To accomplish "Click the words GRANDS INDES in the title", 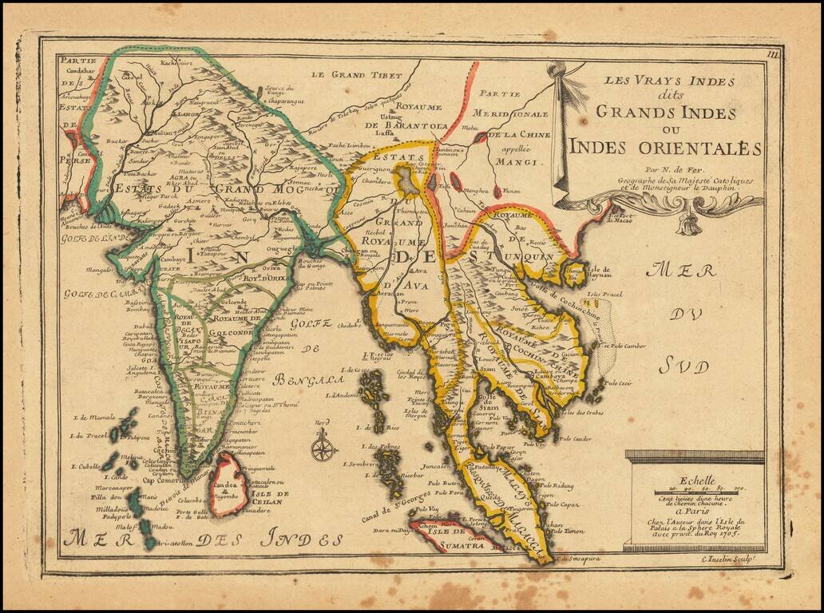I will click(x=676, y=113).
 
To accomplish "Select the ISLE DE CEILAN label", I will click(x=268, y=499).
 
